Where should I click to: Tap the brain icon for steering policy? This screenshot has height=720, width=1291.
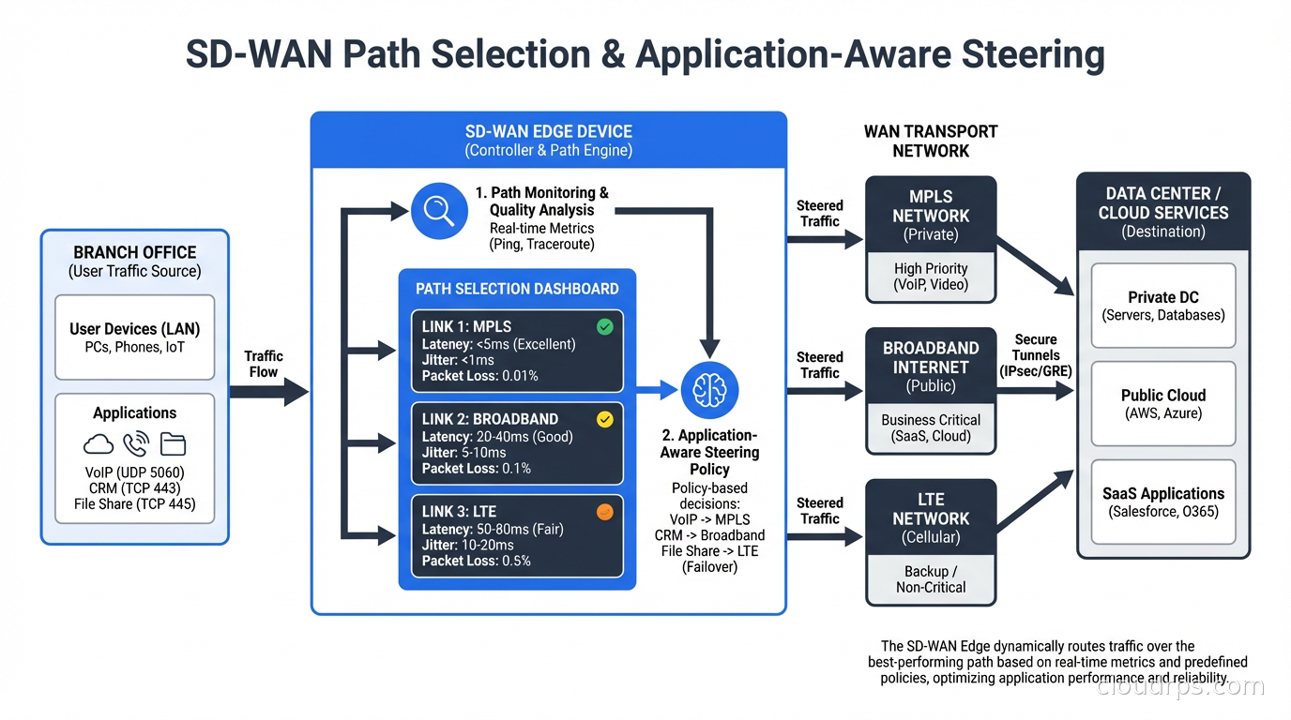click(710, 391)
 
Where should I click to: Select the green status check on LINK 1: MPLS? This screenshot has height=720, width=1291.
click(605, 326)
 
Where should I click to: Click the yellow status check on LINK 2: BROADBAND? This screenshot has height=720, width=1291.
click(605, 419)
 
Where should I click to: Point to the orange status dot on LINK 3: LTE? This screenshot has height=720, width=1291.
click(605, 512)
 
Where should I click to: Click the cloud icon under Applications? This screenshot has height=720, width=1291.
click(99, 443)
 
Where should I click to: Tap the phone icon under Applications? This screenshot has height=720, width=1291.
click(136, 443)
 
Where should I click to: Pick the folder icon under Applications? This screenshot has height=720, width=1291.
click(173, 443)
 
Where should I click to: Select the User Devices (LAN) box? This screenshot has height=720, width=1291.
click(134, 337)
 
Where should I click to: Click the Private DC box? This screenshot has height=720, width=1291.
click(1163, 306)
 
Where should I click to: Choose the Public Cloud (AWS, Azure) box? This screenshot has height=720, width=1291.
click(1163, 404)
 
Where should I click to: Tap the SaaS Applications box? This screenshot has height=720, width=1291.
click(1163, 502)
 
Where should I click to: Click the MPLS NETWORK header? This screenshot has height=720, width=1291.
click(931, 215)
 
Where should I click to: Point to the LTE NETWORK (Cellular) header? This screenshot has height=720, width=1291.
click(931, 517)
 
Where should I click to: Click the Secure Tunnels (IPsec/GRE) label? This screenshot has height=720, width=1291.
click(1036, 355)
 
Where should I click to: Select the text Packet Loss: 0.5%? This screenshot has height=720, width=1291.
click(476, 561)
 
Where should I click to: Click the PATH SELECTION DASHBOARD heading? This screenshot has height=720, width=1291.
click(517, 289)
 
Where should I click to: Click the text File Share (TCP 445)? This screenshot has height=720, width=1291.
click(134, 503)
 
